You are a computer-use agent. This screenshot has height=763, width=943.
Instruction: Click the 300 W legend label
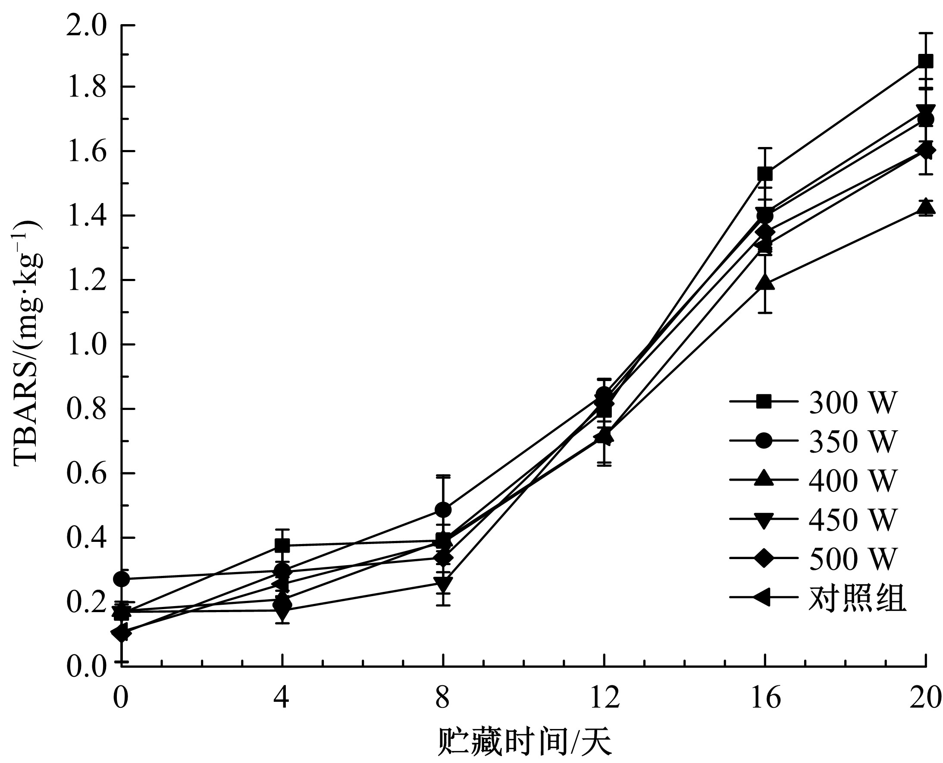[x=852, y=402]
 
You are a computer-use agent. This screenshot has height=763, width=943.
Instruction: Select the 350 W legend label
[x=852, y=441]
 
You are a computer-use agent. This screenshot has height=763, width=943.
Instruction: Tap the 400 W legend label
[x=852, y=480]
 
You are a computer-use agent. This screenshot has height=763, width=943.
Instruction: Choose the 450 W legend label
[x=852, y=519]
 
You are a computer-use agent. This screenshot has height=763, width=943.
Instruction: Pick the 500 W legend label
[x=852, y=558]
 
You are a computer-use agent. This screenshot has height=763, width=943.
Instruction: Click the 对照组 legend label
[x=857, y=598]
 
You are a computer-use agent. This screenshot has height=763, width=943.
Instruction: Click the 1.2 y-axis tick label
[x=86, y=280]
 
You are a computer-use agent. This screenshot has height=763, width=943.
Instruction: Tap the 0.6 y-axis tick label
[x=86, y=474]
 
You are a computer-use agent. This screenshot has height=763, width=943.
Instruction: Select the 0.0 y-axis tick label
[x=86, y=667]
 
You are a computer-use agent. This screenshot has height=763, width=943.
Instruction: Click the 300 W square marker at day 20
[x=926, y=62]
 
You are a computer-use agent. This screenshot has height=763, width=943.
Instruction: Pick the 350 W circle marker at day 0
[x=121, y=579]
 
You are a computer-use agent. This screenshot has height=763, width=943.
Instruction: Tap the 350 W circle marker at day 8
[x=443, y=510]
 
